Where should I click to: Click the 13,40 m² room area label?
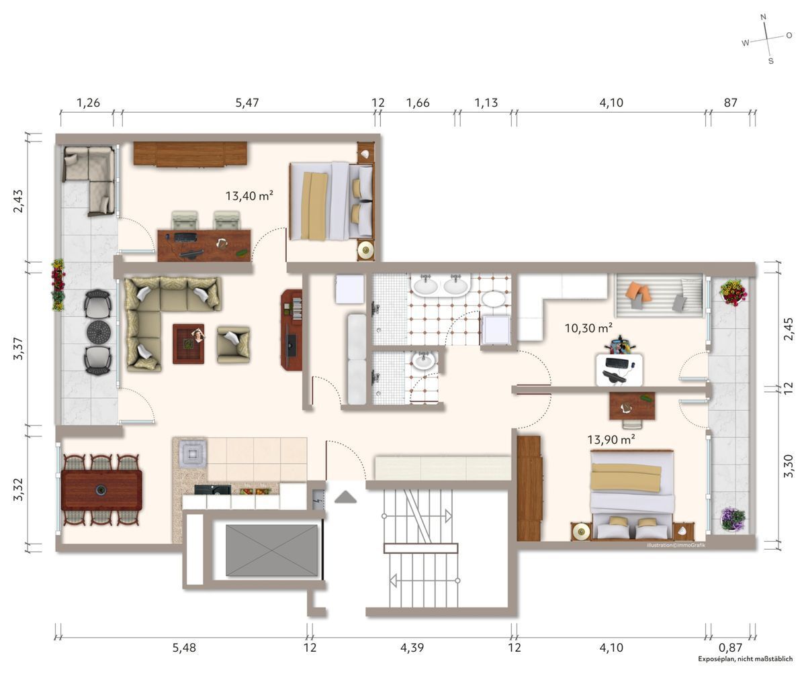click(249, 196)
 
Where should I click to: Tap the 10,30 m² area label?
click(588, 328)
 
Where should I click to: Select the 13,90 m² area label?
click(611, 440)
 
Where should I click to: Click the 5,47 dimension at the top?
click(247, 103)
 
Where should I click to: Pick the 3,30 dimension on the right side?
click(789, 467)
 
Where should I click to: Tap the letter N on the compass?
click(763, 17)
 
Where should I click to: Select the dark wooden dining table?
click(101, 489)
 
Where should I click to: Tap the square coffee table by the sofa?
click(188, 344)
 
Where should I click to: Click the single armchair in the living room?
click(233, 344)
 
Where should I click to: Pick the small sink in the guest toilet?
click(423, 362)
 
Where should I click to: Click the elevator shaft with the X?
click(271, 550)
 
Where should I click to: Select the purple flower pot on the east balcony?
click(732, 519)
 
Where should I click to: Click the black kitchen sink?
click(212, 490)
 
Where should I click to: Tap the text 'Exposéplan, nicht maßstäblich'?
click(745, 659)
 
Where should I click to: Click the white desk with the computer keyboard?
click(619, 369)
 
